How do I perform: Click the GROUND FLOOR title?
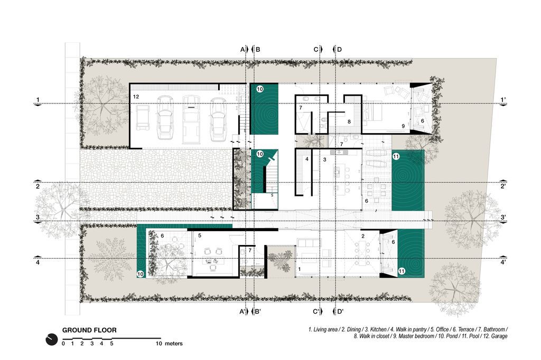click(x=89, y=330)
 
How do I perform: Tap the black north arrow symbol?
click(x=52, y=339)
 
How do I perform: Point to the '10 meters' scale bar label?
click(x=169, y=344)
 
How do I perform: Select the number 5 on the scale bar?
click(x=111, y=344)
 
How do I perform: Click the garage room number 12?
click(x=136, y=97)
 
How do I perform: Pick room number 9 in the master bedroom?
click(x=403, y=126)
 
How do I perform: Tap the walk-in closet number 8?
click(x=349, y=122)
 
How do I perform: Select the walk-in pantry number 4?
click(x=307, y=159)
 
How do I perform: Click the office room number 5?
click(x=199, y=235)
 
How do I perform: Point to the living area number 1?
click(x=300, y=269)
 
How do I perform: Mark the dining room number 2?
click(x=363, y=236)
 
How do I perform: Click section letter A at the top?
click(x=242, y=49)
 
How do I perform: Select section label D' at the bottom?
click(x=340, y=311)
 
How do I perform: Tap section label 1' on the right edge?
click(x=503, y=100)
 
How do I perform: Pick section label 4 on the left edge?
click(x=38, y=262)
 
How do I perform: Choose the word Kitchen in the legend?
click(x=378, y=330)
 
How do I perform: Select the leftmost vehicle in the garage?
click(x=143, y=118)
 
